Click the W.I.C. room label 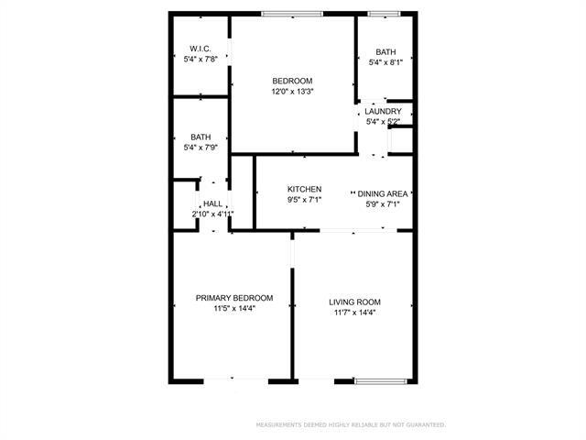click(x=201, y=49)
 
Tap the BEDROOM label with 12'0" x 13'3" click(x=292, y=81)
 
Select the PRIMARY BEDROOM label click(x=234, y=298)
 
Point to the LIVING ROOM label click(x=354, y=302)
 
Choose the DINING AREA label click(x=383, y=193)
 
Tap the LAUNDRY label click(x=383, y=111)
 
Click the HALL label click(x=212, y=203)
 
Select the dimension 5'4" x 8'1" click(x=385, y=62)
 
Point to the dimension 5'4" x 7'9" click(x=201, y=147)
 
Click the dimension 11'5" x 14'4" click(x=234, y=309)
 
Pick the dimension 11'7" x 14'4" click(x=354, y=313)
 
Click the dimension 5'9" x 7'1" click(x=383, y=204)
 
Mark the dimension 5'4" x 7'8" click(x=201, y=60)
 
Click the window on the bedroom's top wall click(x=291, y=13)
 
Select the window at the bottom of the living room click(x=379, y=380)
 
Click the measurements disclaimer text click(x=350, y=424)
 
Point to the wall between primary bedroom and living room click(x=292, y=330)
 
